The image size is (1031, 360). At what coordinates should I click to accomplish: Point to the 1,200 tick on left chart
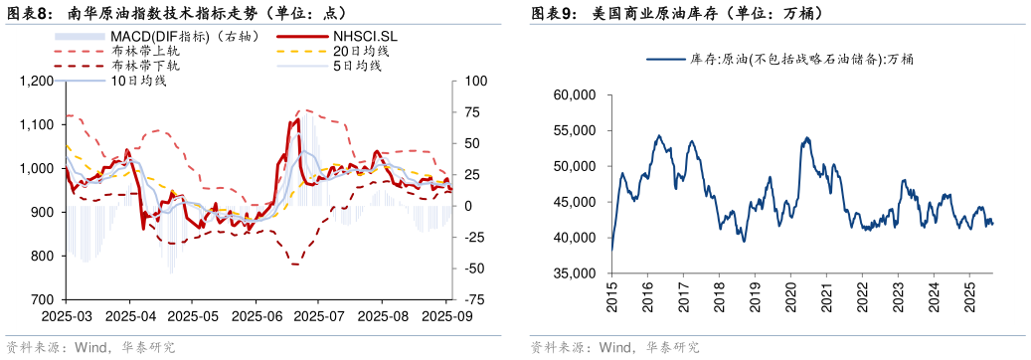tap(39, 81)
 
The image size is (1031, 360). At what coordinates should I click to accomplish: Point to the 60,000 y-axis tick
tap(574, 94)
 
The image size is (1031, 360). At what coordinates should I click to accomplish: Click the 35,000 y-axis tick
tap(574, 273)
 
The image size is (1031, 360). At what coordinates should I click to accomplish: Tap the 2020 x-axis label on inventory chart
tap(791, 296)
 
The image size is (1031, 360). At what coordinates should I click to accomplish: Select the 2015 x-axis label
tap(611, 296)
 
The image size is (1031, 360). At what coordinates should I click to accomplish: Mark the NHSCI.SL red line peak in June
tap(296, 120)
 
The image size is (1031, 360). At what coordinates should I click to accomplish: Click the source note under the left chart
tap(90, 347)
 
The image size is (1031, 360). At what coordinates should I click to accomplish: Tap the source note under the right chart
tap(614, 347)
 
